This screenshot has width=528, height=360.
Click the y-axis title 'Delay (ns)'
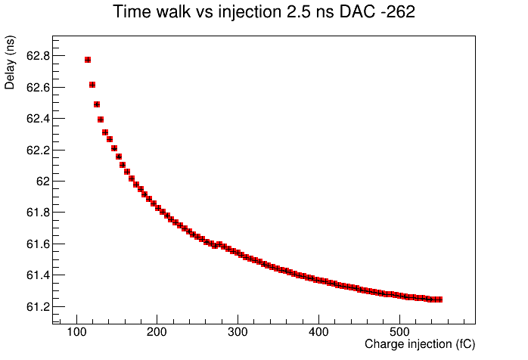pyautogui.click(x=10, y=63)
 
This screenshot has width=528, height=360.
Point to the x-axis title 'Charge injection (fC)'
pyautogui.click(x=420, y=344)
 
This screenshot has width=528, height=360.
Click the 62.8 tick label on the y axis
pyautogui.click(x=38, y=56)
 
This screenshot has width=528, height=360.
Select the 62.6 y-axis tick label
pyautogui.click(x=38, y=88)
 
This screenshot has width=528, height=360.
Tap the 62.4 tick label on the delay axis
pyautogui.click(x=38, y=119)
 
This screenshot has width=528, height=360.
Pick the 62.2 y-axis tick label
pyautogui.click(x=38, y=151)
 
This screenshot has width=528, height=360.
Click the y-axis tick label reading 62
pyautogui.click(x=43, y=182)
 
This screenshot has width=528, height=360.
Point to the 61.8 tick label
pyautogui.click(x=38, y=213)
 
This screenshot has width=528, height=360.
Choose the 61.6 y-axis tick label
pyautogui.click(x=38, y=244)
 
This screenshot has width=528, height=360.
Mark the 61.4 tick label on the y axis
pyautogui.click(x=38, y=275)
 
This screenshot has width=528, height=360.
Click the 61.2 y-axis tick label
pyautogui.click(x=38, y=307)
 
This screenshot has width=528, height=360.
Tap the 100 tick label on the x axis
pyautogui.click(x=76, y=332)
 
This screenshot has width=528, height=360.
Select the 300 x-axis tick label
pyautogui.click(x=238, y=332)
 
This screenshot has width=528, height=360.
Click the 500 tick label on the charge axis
pyautogui.click(x=399, y=332)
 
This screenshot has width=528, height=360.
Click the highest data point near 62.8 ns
pyautogui.click(x=88, y=60)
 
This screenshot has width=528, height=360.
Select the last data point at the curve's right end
pyautogui.click(x=439, y=299)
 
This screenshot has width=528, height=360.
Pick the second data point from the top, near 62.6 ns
pyautogui.click(x=92, y=85)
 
